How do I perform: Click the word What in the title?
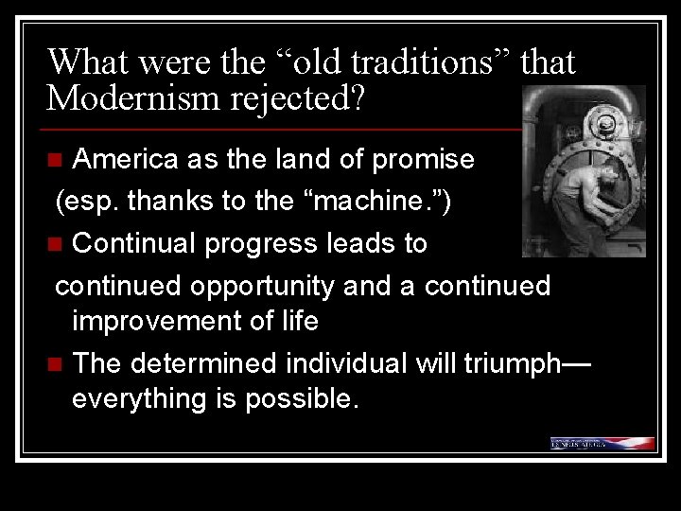(91, 62)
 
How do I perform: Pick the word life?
(298, 321)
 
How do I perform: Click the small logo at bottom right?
(602, 442)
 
